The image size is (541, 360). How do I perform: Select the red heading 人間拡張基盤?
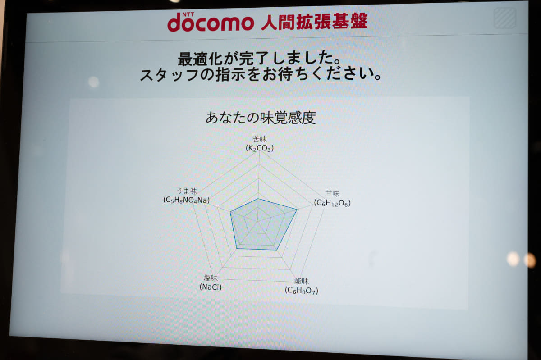pyautogui.click(x=314, y=21)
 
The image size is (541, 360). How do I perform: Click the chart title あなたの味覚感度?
pyautogui.click(x=260, y=118)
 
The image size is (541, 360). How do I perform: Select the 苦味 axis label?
pyautogui.click(x=260, y=139)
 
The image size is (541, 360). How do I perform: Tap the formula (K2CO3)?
pyautogui.click(x=260, y=148)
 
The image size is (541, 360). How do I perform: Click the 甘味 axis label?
pyautogui.click(x=333, y=194)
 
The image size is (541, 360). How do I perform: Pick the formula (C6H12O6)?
pyautogui.click(x=332, y=203)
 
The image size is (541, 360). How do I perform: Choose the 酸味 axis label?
pyautogui.click(x=301, y=281)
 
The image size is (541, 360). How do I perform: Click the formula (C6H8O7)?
pyautogui.click(x=302, y=291)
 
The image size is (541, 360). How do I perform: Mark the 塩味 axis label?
pyautogui.click(x=211, y=278)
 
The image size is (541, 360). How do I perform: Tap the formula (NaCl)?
pyautogui.click(x=211, y=287)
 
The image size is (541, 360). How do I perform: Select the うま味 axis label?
pyautogui.click(x=187, y=191)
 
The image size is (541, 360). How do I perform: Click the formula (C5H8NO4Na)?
pyautogui.click(x=187, y=200)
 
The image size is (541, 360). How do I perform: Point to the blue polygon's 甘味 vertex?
pyautogui.click(x=297, y=209)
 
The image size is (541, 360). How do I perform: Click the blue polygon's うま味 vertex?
pyautogui.click(x=230, y=212)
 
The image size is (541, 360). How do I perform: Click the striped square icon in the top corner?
pyautogui.click(x=504, y=18)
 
